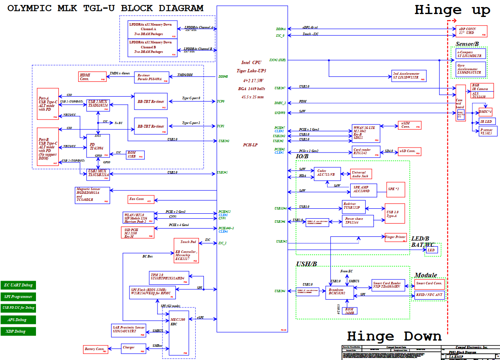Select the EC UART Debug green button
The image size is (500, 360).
18,285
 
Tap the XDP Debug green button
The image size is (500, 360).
18,331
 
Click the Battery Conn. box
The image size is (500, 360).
96,349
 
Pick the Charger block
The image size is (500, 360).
134,348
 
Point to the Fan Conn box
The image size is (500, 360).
141,200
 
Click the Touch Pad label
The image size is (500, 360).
188,242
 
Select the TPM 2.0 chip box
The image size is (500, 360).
169,277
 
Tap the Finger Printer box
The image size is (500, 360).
396,237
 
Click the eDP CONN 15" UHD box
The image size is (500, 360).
472,31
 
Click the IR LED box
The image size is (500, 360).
488,122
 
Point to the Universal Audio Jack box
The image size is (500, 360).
361,174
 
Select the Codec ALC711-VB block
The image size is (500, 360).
327,173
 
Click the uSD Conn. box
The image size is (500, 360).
407,151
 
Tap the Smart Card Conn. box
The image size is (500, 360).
429,284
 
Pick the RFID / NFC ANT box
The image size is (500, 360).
429,295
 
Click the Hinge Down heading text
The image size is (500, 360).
394,336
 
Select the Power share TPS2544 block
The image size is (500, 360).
358,221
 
